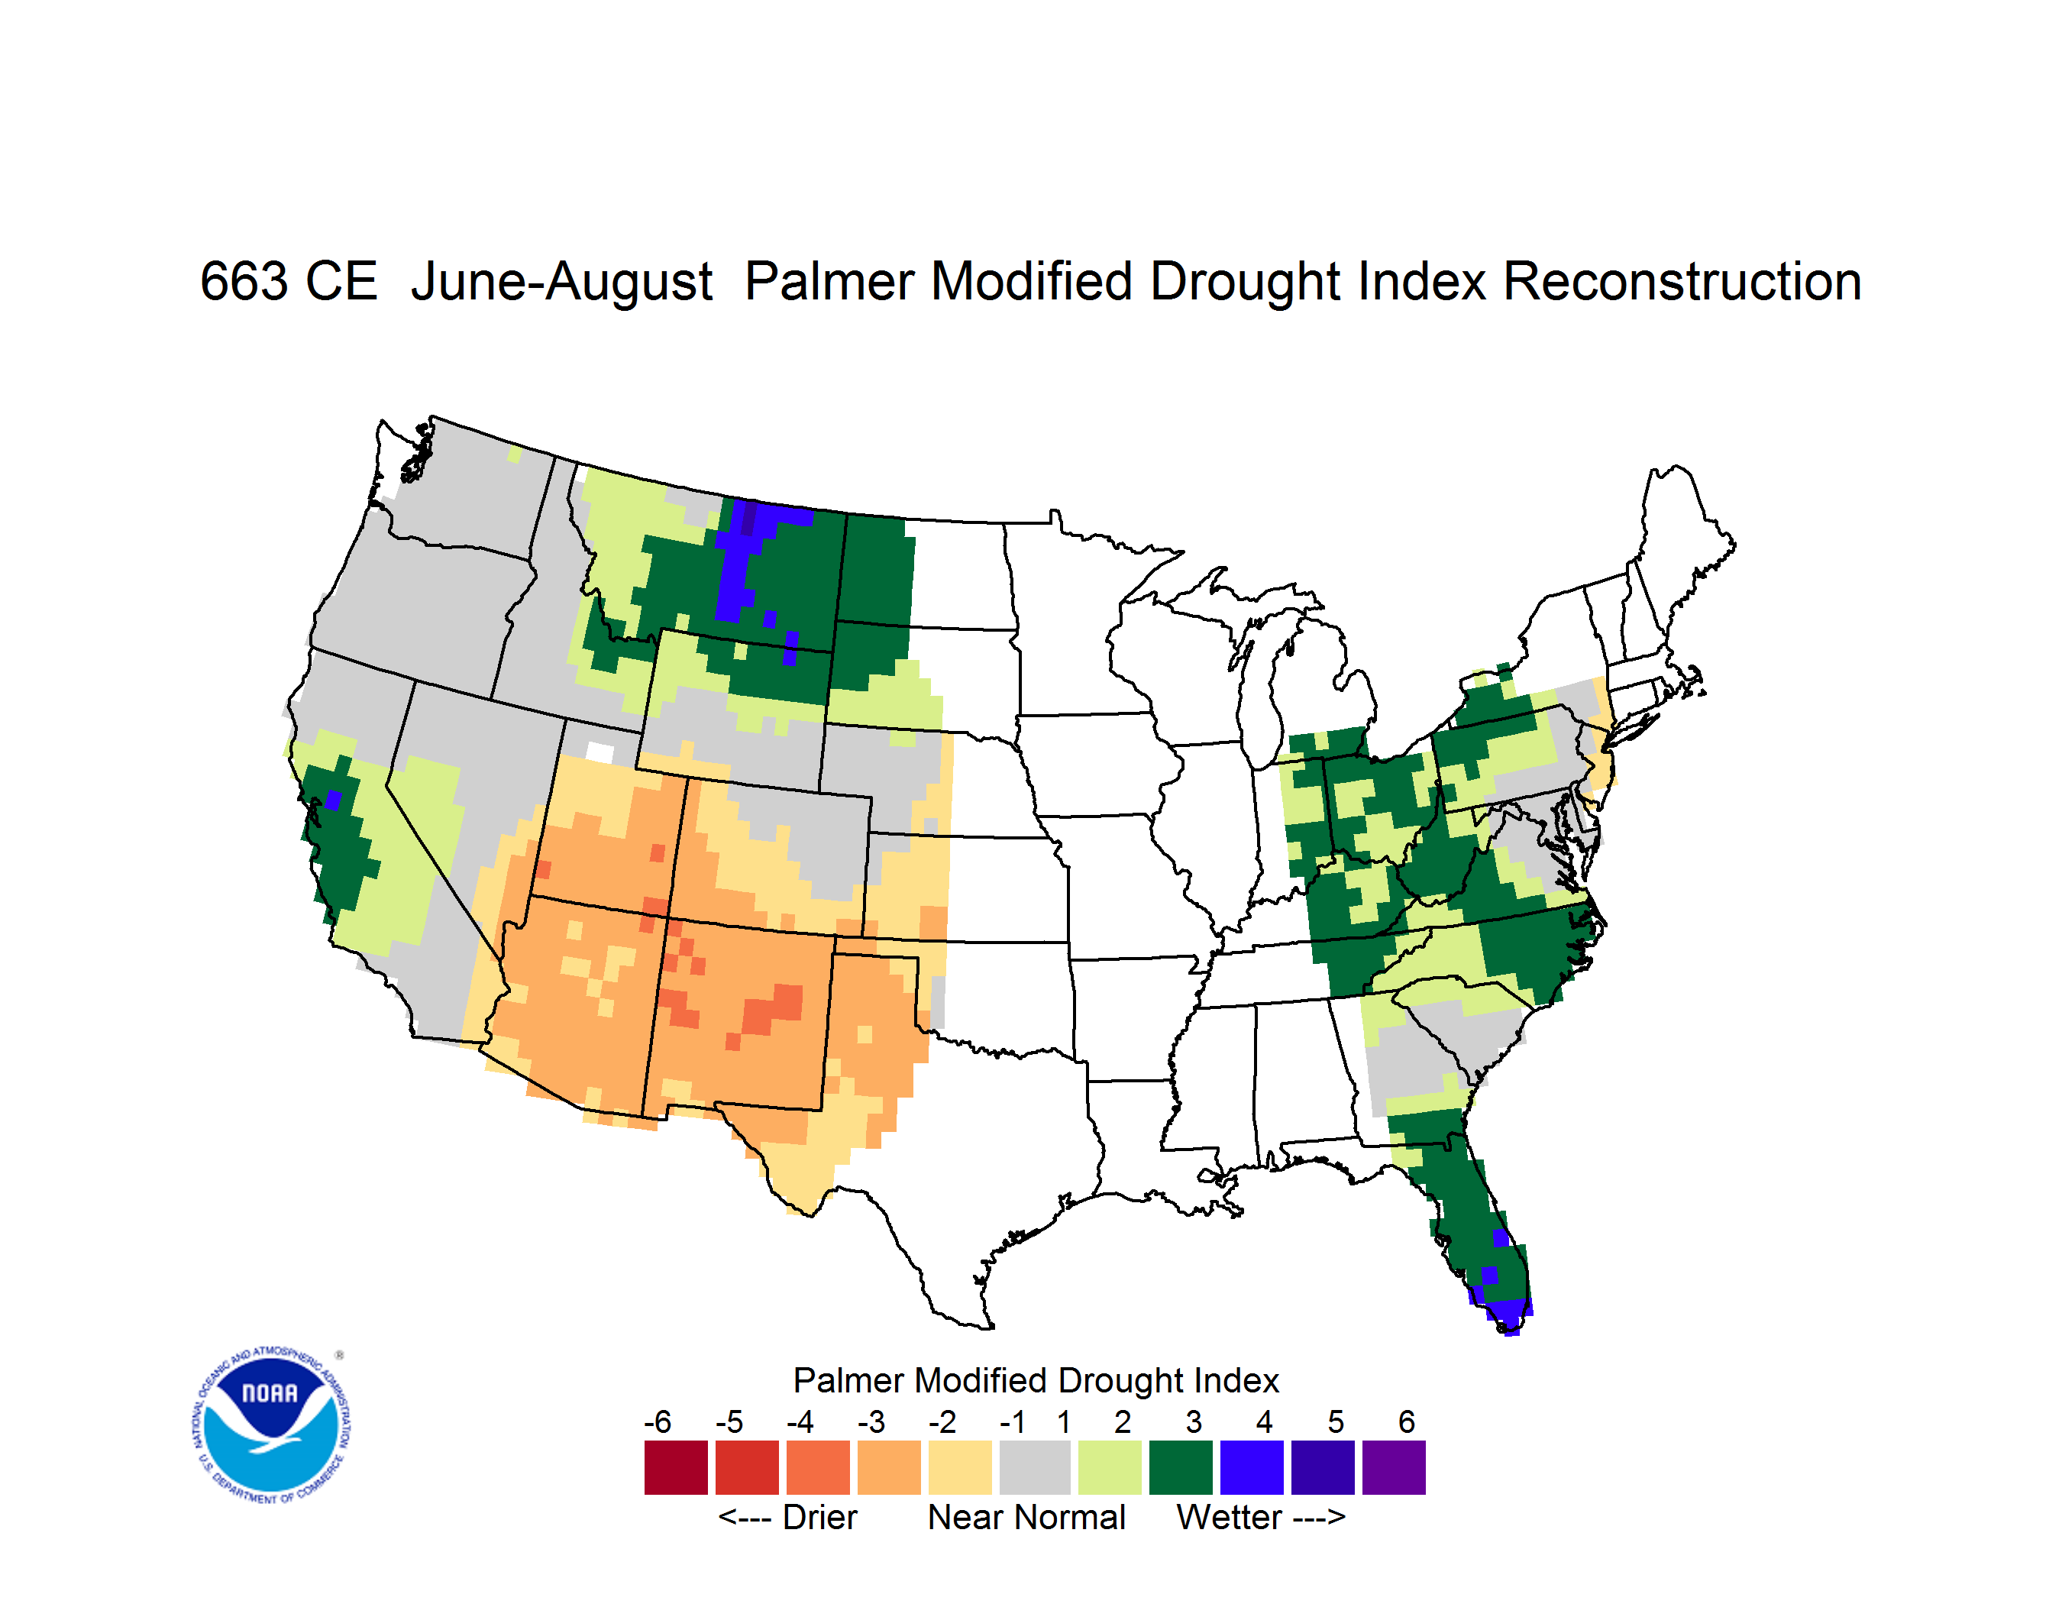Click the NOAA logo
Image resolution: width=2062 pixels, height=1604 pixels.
pos(271,1425)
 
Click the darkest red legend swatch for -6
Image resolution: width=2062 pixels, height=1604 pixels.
pos(676,1467)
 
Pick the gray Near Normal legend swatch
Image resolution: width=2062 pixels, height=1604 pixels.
pos(1035,1467)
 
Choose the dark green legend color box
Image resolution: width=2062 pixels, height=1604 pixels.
pos(1180,1467)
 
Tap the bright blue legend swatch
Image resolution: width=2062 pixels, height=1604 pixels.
pos(1251,1467)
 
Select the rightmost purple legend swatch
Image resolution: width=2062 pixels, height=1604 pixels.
pos(1394,1467)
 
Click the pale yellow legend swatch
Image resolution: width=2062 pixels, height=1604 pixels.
pos(960,1467)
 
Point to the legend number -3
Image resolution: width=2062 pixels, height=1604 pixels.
pos(871,1421)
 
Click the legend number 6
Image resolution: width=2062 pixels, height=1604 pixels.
pos(1407,1421)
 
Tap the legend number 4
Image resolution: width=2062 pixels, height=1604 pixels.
pos(1264,1421)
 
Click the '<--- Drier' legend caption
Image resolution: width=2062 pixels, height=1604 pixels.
pos(787,1517)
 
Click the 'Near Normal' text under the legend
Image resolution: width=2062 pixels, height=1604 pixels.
pos(1026,1517)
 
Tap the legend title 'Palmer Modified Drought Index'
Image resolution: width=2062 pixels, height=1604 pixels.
pos(1036,1380)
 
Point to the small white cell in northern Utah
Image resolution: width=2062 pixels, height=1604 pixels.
pos(600,752)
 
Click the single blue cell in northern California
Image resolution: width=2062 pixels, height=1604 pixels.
pos(332,800)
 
